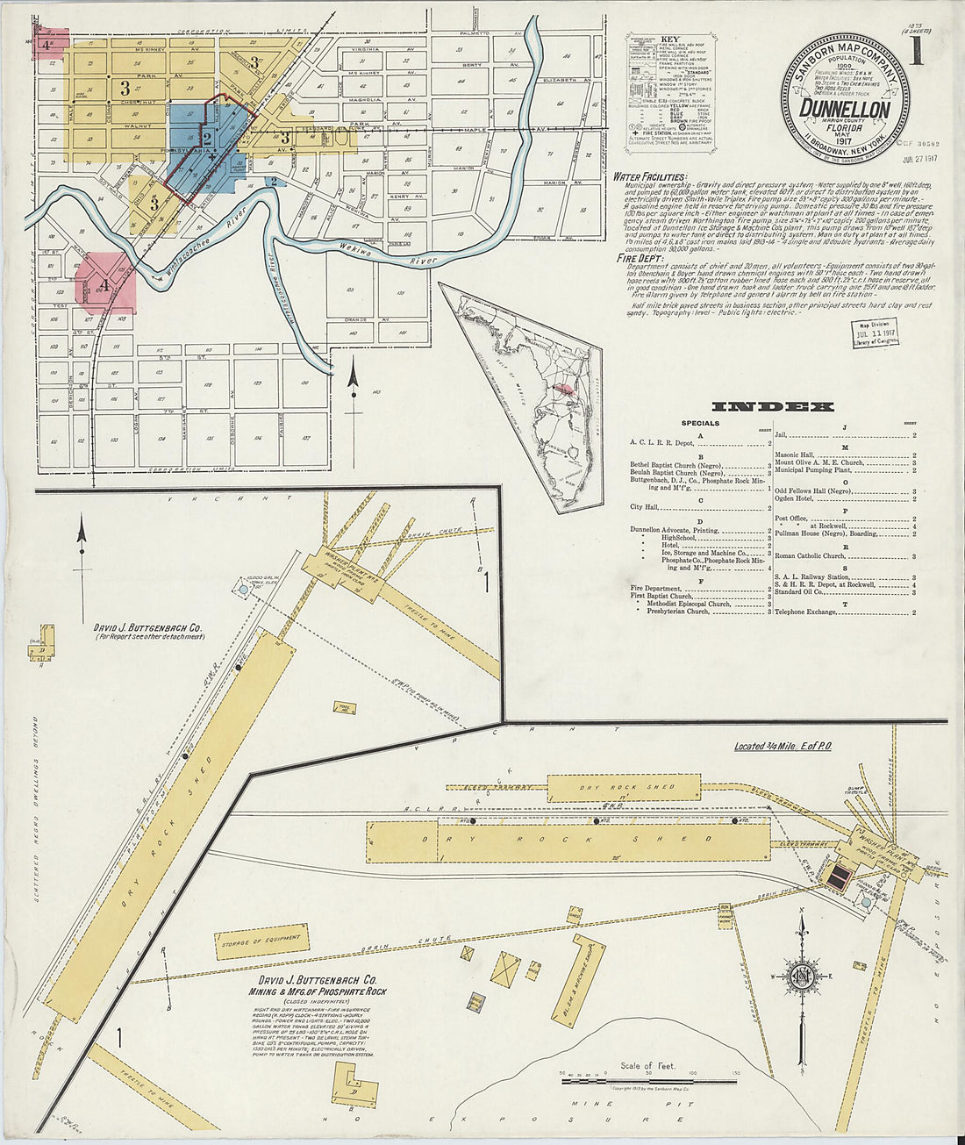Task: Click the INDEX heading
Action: [772, 406]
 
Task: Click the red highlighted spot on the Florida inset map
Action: [566, 387]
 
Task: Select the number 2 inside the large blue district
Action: [207, 139]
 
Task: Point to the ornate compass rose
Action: [801, 977]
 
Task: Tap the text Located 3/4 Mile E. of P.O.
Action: [783, 747]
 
